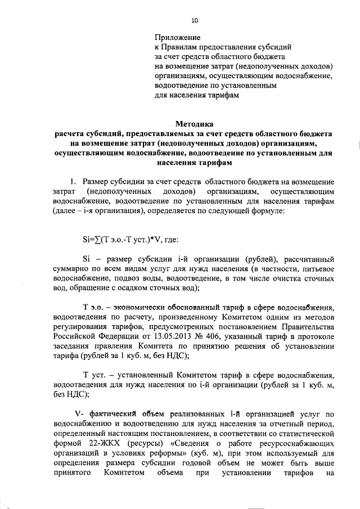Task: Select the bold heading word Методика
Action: [195, 123]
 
